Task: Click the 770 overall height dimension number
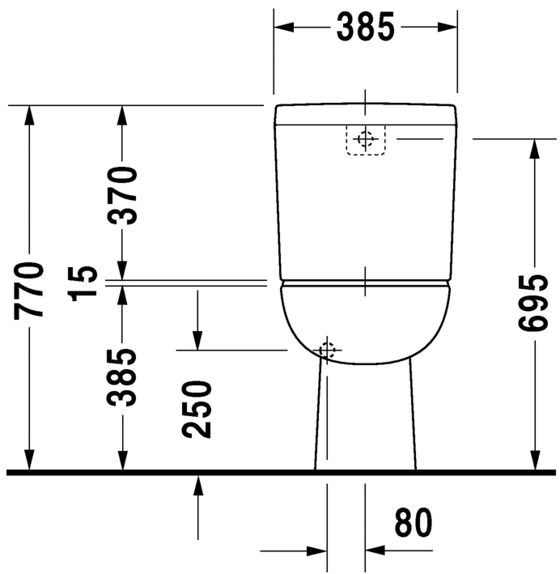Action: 30,288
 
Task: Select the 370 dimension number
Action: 123,194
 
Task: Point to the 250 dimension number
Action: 197,409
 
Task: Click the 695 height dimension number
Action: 535,303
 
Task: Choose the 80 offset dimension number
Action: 413,524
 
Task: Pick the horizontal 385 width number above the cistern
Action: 365,27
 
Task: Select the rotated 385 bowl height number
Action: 123,377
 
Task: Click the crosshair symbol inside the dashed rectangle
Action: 366,139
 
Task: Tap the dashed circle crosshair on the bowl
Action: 327,351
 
